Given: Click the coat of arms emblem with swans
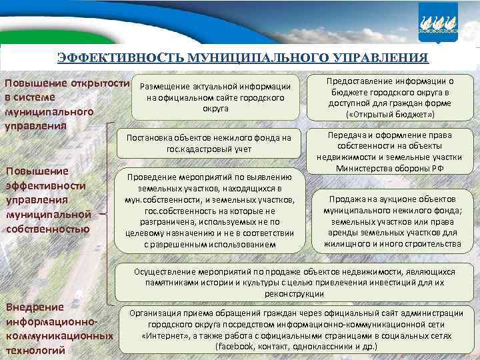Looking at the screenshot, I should (439, 21).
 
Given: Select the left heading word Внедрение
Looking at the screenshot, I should (35, 307).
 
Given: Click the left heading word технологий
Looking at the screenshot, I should (35, 350).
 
